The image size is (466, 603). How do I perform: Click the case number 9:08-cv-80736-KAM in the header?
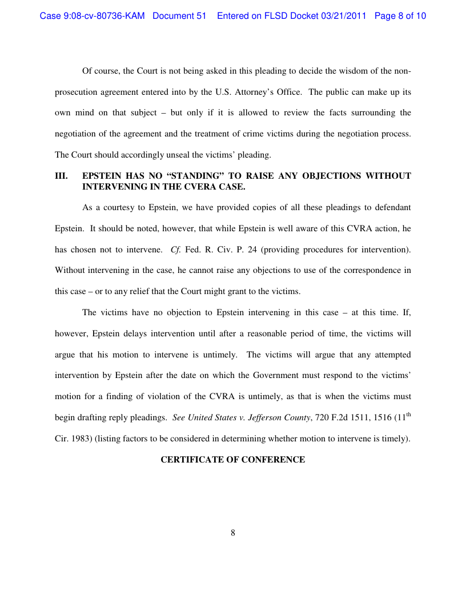coord(93,16)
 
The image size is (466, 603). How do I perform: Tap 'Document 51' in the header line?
coord(179,16)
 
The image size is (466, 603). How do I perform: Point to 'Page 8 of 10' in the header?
coord(400,16)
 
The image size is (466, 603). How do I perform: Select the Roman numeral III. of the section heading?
coord(61,176)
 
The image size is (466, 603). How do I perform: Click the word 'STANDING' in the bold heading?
coord(193,176)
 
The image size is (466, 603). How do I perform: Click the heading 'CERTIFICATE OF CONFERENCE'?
coord(232,460)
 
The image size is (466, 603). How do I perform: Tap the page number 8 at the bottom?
coord(233,533)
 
